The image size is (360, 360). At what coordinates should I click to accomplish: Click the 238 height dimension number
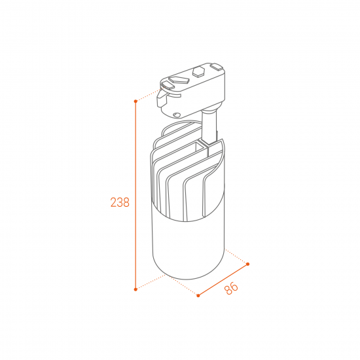coord(120,202)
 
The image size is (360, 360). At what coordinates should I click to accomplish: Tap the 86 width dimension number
coord(231,289)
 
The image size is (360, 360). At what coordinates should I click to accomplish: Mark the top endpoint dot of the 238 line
coord(135,101)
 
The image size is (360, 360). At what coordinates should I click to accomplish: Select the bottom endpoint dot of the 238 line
coord(135,289)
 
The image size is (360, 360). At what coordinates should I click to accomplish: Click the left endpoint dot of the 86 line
coord(198,295)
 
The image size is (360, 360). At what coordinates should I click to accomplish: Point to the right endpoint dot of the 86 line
coord(247,264)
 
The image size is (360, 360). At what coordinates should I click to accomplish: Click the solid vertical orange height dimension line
coord(135,195)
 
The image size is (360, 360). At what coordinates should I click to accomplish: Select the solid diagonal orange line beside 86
coord(223,279)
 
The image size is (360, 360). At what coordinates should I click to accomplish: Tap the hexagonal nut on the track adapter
coord(198,71)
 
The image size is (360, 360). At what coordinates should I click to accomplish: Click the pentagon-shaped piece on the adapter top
coord(179,79)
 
